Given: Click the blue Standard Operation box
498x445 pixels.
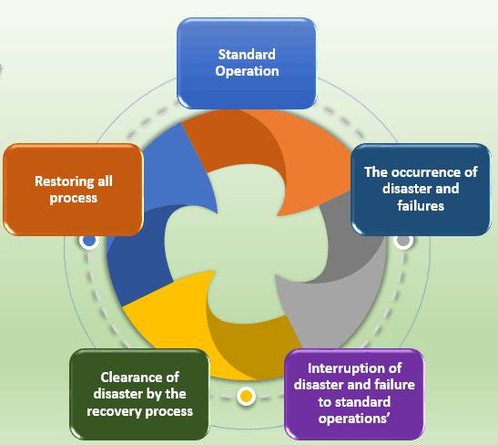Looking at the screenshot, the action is (x=247, y=63).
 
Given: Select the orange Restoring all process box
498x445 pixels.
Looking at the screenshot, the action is (x=73, y=190).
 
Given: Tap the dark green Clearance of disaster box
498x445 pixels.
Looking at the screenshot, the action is (x=139, y=395).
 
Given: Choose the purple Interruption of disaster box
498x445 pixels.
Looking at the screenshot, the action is (x=354, y=395).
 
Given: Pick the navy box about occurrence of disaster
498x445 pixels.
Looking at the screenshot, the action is (x=421, y=190).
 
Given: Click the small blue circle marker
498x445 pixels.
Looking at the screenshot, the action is (x=89, y=241).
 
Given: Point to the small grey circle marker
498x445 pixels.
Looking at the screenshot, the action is (x=403, y=241).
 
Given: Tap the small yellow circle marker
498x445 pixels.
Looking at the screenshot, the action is (x=246, y=397).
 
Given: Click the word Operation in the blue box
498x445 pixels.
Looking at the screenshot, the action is (x=247, y=71).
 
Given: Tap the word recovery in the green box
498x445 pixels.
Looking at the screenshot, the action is (x=115, y=411).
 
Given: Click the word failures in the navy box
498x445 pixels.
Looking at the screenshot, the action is (x=421, y=206).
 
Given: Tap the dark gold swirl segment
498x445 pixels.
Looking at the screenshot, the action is (x=254, y=344).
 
